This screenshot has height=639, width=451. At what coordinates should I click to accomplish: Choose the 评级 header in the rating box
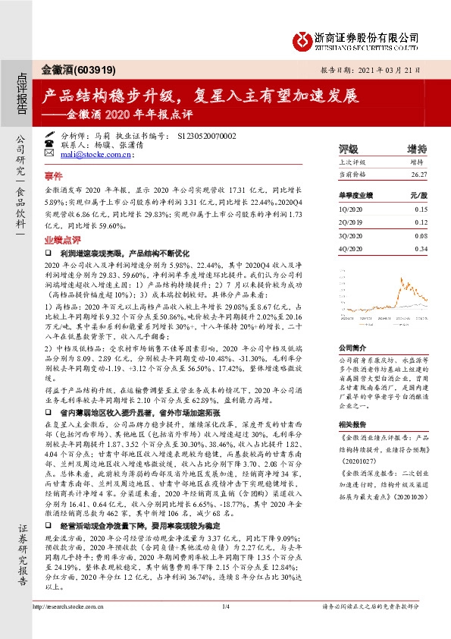pos(349,149)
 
